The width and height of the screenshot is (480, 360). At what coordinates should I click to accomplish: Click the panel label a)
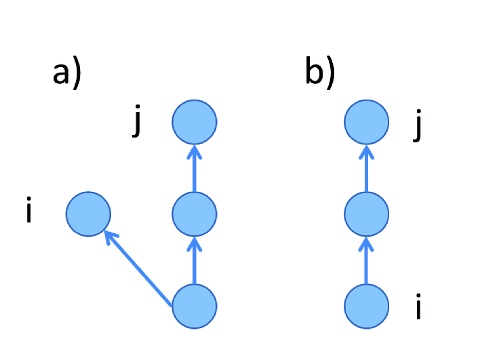pos(67,73)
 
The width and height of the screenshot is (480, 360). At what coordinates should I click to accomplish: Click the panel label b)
pos(320,73)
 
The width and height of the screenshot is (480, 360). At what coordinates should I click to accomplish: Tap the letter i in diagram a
pos(28,212)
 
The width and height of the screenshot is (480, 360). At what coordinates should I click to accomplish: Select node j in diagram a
pos(194,123)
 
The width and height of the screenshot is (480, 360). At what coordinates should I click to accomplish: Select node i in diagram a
pos(88,214)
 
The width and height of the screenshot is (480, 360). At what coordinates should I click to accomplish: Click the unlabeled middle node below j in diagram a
pos(194,214)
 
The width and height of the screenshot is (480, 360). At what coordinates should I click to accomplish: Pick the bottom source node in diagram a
pos(194,306)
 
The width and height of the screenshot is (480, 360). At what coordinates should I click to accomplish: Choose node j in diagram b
pos(367,123)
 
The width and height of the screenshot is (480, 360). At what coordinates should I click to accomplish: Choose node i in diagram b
pos(367,306)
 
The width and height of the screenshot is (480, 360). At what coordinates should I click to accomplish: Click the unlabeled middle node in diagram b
pos(367,214)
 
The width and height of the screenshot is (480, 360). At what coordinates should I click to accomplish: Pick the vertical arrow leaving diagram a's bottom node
pos(194,260)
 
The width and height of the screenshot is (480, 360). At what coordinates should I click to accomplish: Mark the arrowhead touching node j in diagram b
pos(367,150)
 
